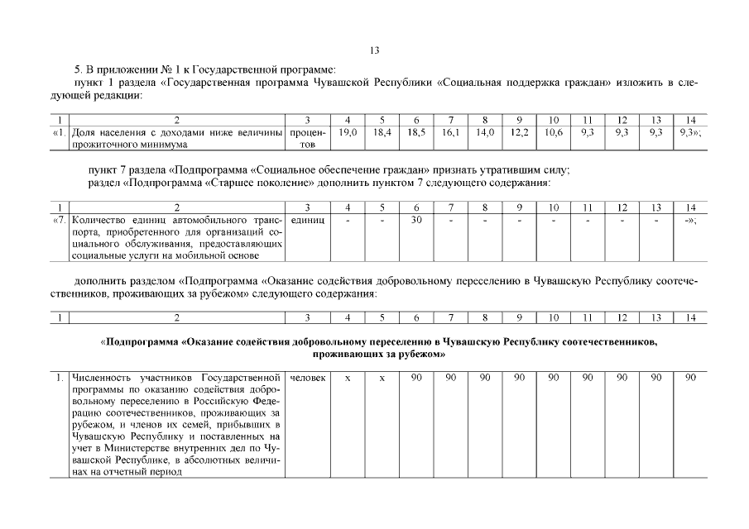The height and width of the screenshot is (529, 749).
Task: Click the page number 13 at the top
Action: tap(374, 50)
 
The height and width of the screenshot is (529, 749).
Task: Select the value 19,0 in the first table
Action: tap(348, 132)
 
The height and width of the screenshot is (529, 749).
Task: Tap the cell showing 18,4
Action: tap(382, 132)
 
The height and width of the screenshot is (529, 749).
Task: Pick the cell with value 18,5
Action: tap(416, 132)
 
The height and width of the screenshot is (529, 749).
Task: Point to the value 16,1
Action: tap(450, 132)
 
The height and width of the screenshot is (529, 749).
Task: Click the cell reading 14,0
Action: tap(485, 132)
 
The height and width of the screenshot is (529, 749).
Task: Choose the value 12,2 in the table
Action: tap(519, 132)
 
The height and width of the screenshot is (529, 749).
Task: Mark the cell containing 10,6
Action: tap(554, 132)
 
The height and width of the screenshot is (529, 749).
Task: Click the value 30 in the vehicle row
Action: tap(416, 221)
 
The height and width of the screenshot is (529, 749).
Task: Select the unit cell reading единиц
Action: tap(307, 221)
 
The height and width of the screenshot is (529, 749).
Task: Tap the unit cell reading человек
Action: tap(307, 378)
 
